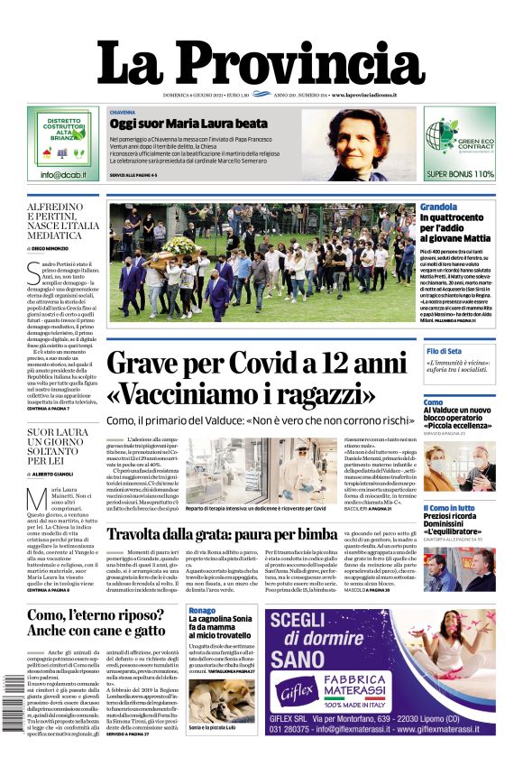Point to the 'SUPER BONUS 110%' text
(x=460, y=173)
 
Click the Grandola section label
(x=438, y=207)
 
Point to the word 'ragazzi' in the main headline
(x=321, y=394)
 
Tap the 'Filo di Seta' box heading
(x=445, y=351)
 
